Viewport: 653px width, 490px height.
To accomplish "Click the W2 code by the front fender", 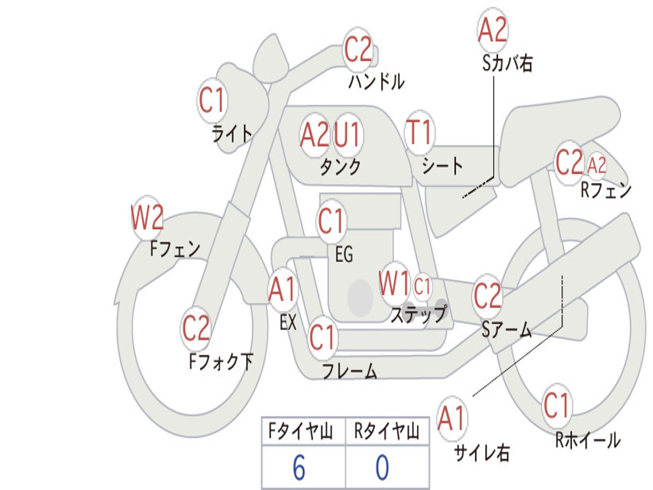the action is (147, 218).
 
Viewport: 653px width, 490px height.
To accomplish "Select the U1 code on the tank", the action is (348, 135).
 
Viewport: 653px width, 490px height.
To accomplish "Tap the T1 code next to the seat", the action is (419, 133).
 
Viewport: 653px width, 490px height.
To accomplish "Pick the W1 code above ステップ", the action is (394, 283).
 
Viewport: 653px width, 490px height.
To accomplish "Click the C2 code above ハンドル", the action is (358, 49).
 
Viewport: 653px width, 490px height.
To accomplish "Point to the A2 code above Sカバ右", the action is (492, 29).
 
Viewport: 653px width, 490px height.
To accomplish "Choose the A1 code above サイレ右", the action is (452, 419).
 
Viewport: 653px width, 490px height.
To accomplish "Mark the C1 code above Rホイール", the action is (556, 405).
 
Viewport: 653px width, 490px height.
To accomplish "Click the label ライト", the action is (232, 133).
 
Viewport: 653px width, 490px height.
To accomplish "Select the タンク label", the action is (340, 167).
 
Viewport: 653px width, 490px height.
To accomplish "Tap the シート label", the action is (442, 167).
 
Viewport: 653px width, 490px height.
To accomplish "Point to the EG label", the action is (344, 255).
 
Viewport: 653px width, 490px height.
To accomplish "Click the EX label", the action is (288, 322).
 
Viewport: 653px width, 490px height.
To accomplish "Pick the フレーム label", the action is (349, 371).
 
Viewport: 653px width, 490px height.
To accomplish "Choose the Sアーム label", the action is (506, 330).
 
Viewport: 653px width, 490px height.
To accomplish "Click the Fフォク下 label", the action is (221, 362).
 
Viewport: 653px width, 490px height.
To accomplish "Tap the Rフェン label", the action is (605, 190).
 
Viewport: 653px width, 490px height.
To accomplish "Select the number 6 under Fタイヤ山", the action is (298, 468).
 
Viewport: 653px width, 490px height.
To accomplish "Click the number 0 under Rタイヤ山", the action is (382, 468).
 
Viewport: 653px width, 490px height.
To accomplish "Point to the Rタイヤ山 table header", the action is (386, 432).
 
